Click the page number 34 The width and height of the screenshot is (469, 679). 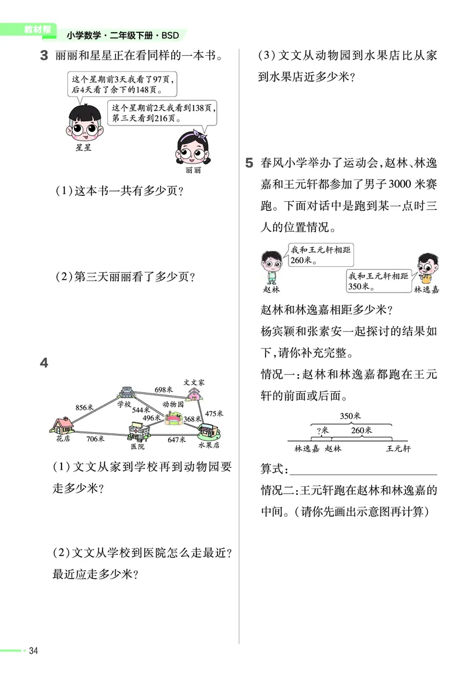coord(33,651)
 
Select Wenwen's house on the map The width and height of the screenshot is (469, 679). coord(193,393)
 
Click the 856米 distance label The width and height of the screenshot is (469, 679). coord(85,408)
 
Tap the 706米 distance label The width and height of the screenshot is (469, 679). coord(95,439)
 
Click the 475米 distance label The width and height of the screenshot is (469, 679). coord(215,413)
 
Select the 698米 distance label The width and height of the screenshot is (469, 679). coord(164,389)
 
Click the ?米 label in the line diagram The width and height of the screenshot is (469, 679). coord(322,430)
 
